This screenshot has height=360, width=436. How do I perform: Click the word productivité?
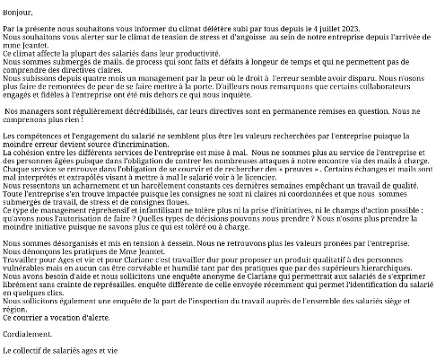(197, 53)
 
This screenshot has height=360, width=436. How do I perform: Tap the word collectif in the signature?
(37, 350)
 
